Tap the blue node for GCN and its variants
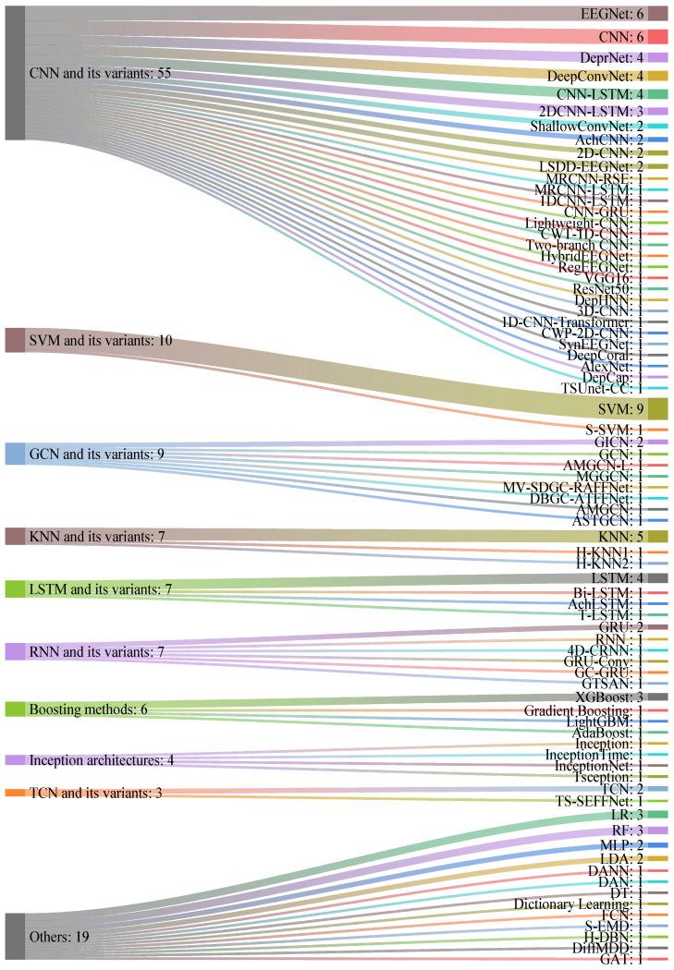tap(15, 454)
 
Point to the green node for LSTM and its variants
tap(15, 588)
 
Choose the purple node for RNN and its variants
tap(15, 651)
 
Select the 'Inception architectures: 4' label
tap(102, 760)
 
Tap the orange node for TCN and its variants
tap(15, 793)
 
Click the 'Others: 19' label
tap(60, 937)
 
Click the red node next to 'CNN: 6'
tap(657, 37)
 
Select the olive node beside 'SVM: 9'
tap(657, 408)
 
